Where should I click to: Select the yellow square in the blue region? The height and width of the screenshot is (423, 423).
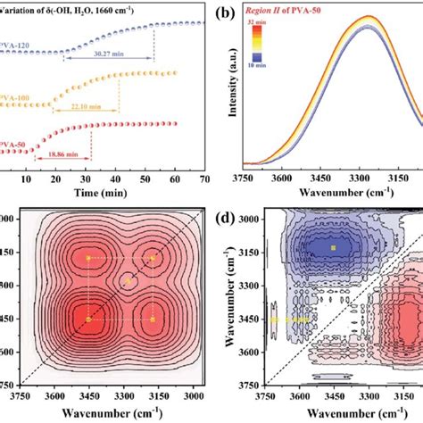pyautogui.click(x=333, y=247)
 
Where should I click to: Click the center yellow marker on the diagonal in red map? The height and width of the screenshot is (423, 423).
pyautogui.click(x=128, y=280)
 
